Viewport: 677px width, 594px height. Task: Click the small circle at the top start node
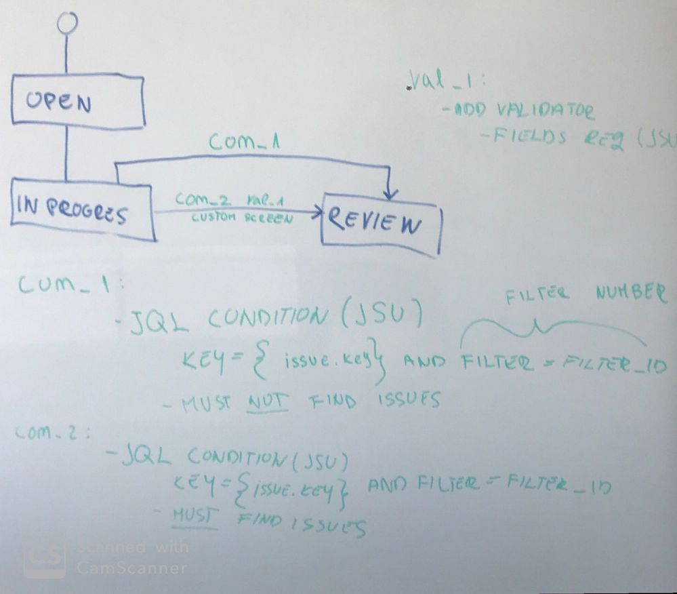coord(66,22)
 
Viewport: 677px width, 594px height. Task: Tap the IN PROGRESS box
coord(82,209)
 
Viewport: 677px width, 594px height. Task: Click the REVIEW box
coord(381,222)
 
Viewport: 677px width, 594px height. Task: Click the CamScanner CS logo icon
coord(45,557)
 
